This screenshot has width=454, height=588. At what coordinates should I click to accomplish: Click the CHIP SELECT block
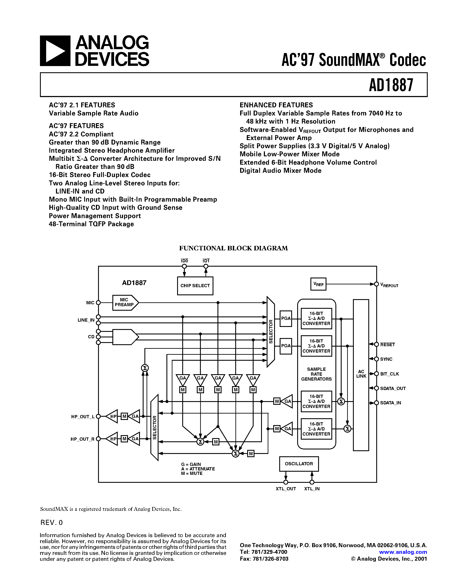pyautogui.click(x=195, y=286)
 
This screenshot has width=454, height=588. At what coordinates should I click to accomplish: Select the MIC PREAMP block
pyautogui.click(x=125, y=302)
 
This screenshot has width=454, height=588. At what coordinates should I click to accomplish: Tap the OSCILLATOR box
pyautogui.click(x=299, y=464)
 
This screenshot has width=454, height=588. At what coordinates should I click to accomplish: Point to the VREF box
pyautogui.click(x=318, y=284)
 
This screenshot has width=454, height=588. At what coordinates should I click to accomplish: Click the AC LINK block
pyautogui.click(x=361, y=374)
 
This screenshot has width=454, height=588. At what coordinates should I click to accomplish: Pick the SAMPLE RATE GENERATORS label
pyautogui.click(x=316, y=374)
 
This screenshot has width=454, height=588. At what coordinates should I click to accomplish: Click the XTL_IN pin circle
pyautogui.click(x=312, y=482)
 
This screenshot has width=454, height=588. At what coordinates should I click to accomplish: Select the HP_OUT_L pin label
pyautogui.click(x=82, y=417)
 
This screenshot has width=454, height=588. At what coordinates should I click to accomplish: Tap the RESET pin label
pyautogui.click(x=387, y=345)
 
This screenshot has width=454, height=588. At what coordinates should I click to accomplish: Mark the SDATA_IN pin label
pyautogui.click(x=390, y=403)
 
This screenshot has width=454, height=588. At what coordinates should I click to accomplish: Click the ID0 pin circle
pyautogui.click(x=184, y=266)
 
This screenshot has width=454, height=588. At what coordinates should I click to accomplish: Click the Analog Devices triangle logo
pyautogui.click(x=55, y=51)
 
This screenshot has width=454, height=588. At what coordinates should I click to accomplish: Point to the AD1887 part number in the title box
pyautogui.click(x=391, y=85)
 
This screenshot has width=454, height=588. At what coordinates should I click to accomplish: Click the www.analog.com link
pyautogui.click(x=403, y=552)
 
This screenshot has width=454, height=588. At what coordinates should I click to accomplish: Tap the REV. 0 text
pyautogui.click(x=51, y=523)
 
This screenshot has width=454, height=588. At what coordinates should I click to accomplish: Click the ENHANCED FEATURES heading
pyautogui.click(x=276, y=105)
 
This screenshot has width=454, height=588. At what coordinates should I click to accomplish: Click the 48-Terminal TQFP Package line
pyautogui.click(x=91, y=224)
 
